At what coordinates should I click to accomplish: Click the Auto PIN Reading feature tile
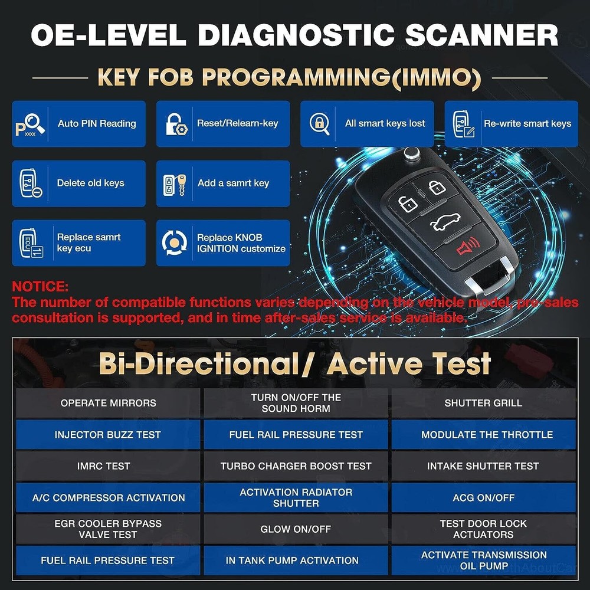coord(78,124)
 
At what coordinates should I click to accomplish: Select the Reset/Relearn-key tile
coord(223,124)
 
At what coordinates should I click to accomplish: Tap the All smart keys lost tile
coord(367,124)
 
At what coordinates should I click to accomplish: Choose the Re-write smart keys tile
coord(511,124)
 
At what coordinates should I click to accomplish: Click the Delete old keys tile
coord(78,183)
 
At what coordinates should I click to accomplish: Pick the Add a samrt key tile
coord(223,183)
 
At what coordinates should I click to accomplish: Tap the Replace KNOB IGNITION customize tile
coord(223,243)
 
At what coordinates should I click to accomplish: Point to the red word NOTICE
coord(40,287)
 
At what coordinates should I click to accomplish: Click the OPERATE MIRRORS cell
coord(108,404)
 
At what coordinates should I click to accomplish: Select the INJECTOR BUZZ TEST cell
coord(108,435)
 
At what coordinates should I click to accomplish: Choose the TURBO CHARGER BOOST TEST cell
coord(296,466)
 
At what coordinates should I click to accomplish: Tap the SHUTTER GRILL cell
coord(483,404)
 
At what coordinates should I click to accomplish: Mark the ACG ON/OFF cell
coord(483,497)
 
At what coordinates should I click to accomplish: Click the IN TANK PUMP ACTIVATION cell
coord(296,560)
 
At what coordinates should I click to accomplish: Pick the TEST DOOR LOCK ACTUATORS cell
coord(483,529)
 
